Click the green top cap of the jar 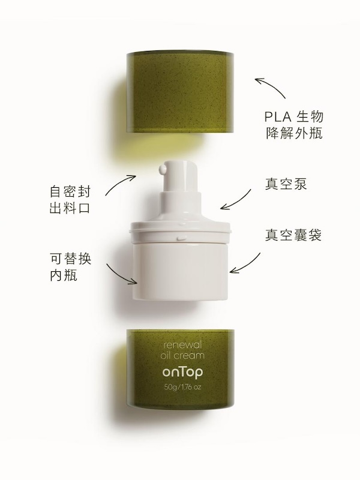[181, 92]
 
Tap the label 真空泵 [286, 184]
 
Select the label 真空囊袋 [293, 235]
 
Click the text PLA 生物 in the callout [294, 116]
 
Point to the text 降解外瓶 [294, 133]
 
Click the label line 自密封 [70, 191]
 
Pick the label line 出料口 [70, 208]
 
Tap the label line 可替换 [70, 259]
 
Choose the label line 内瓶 [64, 275]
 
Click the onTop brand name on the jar [182, 371]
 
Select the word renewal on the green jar [182, 345]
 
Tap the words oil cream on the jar [182, 355]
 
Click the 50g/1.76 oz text [182, 387]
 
